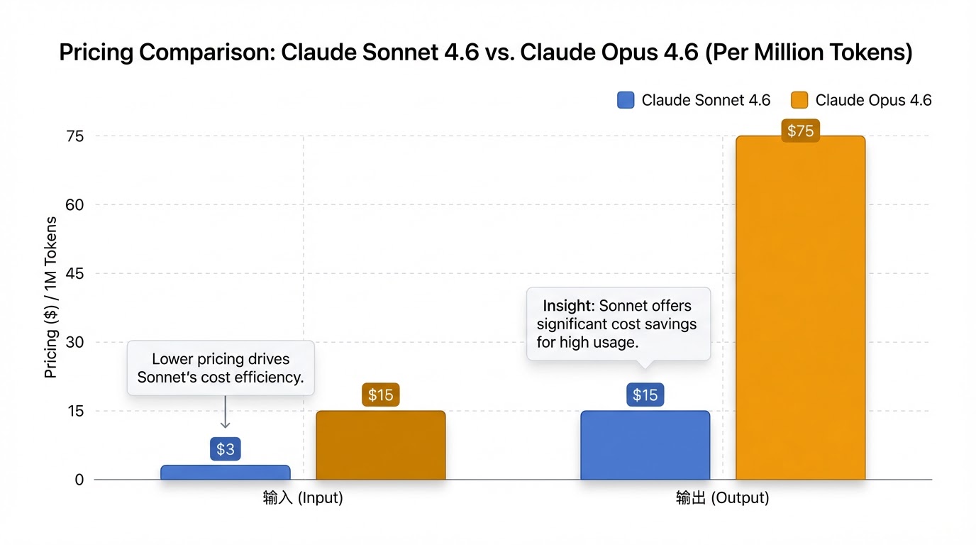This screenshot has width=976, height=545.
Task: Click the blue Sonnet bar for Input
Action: click(226, 473)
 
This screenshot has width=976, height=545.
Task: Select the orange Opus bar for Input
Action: click(380, 445)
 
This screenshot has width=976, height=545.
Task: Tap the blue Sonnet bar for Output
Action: click(645, 445)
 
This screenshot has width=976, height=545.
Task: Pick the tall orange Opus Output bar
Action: click(800, 308)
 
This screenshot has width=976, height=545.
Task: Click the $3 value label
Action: click(226, 449)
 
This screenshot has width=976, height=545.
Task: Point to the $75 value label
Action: click(800, 131)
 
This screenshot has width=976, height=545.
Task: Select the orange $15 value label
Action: click(380, 395)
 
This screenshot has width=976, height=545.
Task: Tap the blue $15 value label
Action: click(645, 395)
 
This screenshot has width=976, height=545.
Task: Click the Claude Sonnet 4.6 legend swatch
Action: click(626, 100)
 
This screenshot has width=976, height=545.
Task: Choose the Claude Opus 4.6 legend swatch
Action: click(799, 100)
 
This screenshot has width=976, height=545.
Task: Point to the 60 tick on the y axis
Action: click(74, 205)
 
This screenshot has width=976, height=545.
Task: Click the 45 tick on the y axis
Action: click(74, 274)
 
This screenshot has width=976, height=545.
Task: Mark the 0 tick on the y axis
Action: click(79, 480)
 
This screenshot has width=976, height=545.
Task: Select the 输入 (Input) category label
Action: click(303, 498)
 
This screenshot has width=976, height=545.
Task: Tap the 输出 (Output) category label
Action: click(722, 498)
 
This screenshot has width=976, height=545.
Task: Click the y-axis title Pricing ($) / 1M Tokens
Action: click(51, 297)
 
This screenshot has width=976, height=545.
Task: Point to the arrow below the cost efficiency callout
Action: click(225, 412)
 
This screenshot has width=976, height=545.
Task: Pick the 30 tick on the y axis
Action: click(74, 343)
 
